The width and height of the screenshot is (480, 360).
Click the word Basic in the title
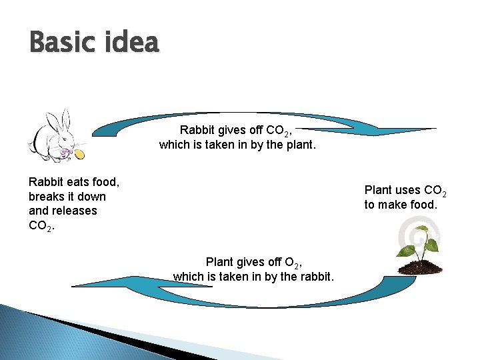[x=59, y=43]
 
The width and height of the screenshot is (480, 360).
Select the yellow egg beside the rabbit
[x=81, y=155]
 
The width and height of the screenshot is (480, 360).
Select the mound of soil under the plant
[x=420, y=268]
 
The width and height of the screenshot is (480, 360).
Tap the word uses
[x=406, y=190]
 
